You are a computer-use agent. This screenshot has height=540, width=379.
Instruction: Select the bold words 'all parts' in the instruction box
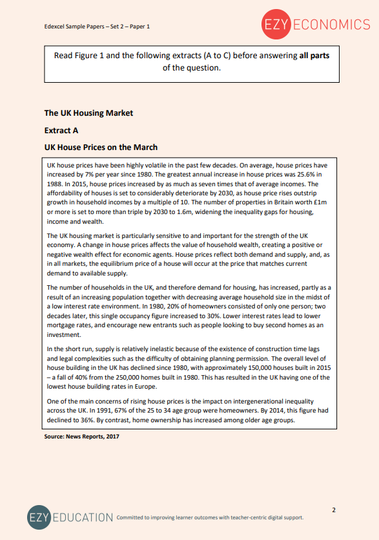click(314, 56)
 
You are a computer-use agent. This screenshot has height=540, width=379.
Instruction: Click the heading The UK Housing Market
click(88, 113)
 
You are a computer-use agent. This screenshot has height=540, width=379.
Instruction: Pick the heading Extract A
click(61, 130)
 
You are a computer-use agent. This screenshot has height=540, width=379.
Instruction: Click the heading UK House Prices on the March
click(101, 147)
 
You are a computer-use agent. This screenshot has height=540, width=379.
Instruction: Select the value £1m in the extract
click(323, 202)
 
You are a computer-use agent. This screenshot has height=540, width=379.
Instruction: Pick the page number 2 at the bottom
click(334, 510)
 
